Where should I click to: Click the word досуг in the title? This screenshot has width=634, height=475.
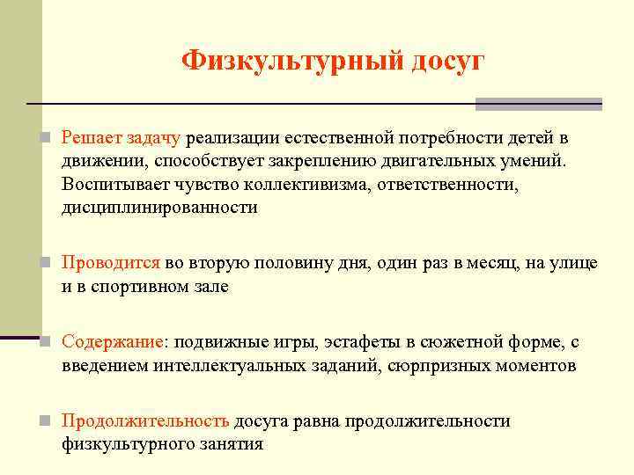pyautogui.click(x=446, y=61)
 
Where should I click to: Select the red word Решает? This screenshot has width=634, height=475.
pyautogui.click(x=91, y=139)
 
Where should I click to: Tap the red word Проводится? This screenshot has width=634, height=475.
pyautogui.click(x=111, y=263)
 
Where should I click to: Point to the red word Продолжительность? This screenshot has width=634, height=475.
pyautogui.click(x=146, y=421)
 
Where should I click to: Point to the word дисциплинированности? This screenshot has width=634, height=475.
pyautogui.click(x=160, y=208)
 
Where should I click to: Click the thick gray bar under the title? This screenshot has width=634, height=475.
pyautogui.click(x=538, y=104)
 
